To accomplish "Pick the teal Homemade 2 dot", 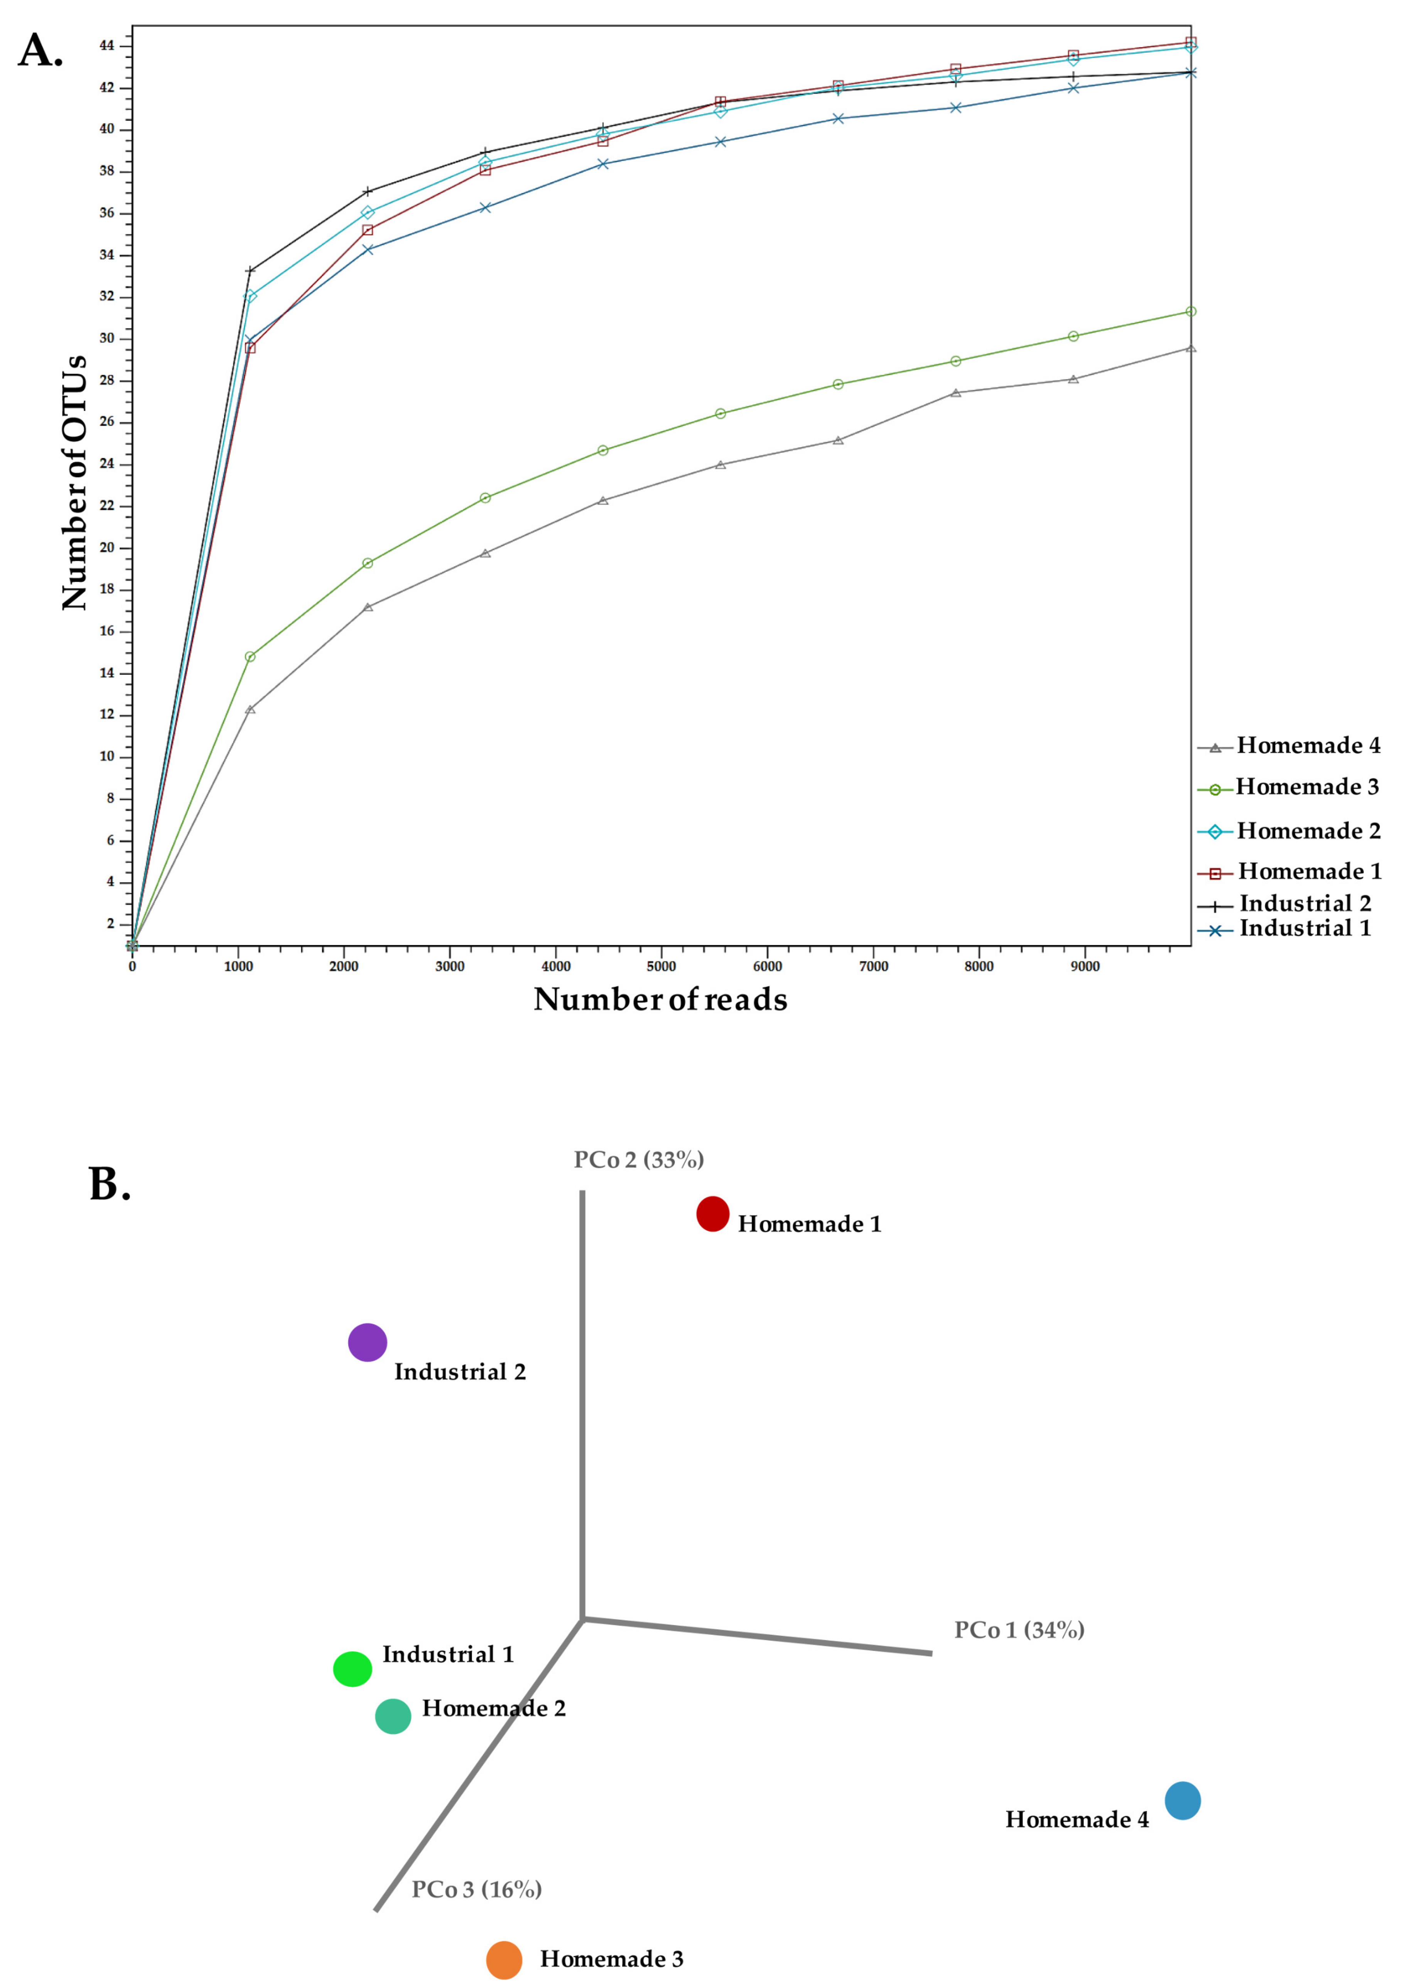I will (393, 1716).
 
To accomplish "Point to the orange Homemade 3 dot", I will (504, 1960).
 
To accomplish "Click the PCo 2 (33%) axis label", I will (639, 1160).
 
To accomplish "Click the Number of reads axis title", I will (660, 1000).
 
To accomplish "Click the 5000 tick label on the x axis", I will (661, 967).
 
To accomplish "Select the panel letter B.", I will (110, 1184).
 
